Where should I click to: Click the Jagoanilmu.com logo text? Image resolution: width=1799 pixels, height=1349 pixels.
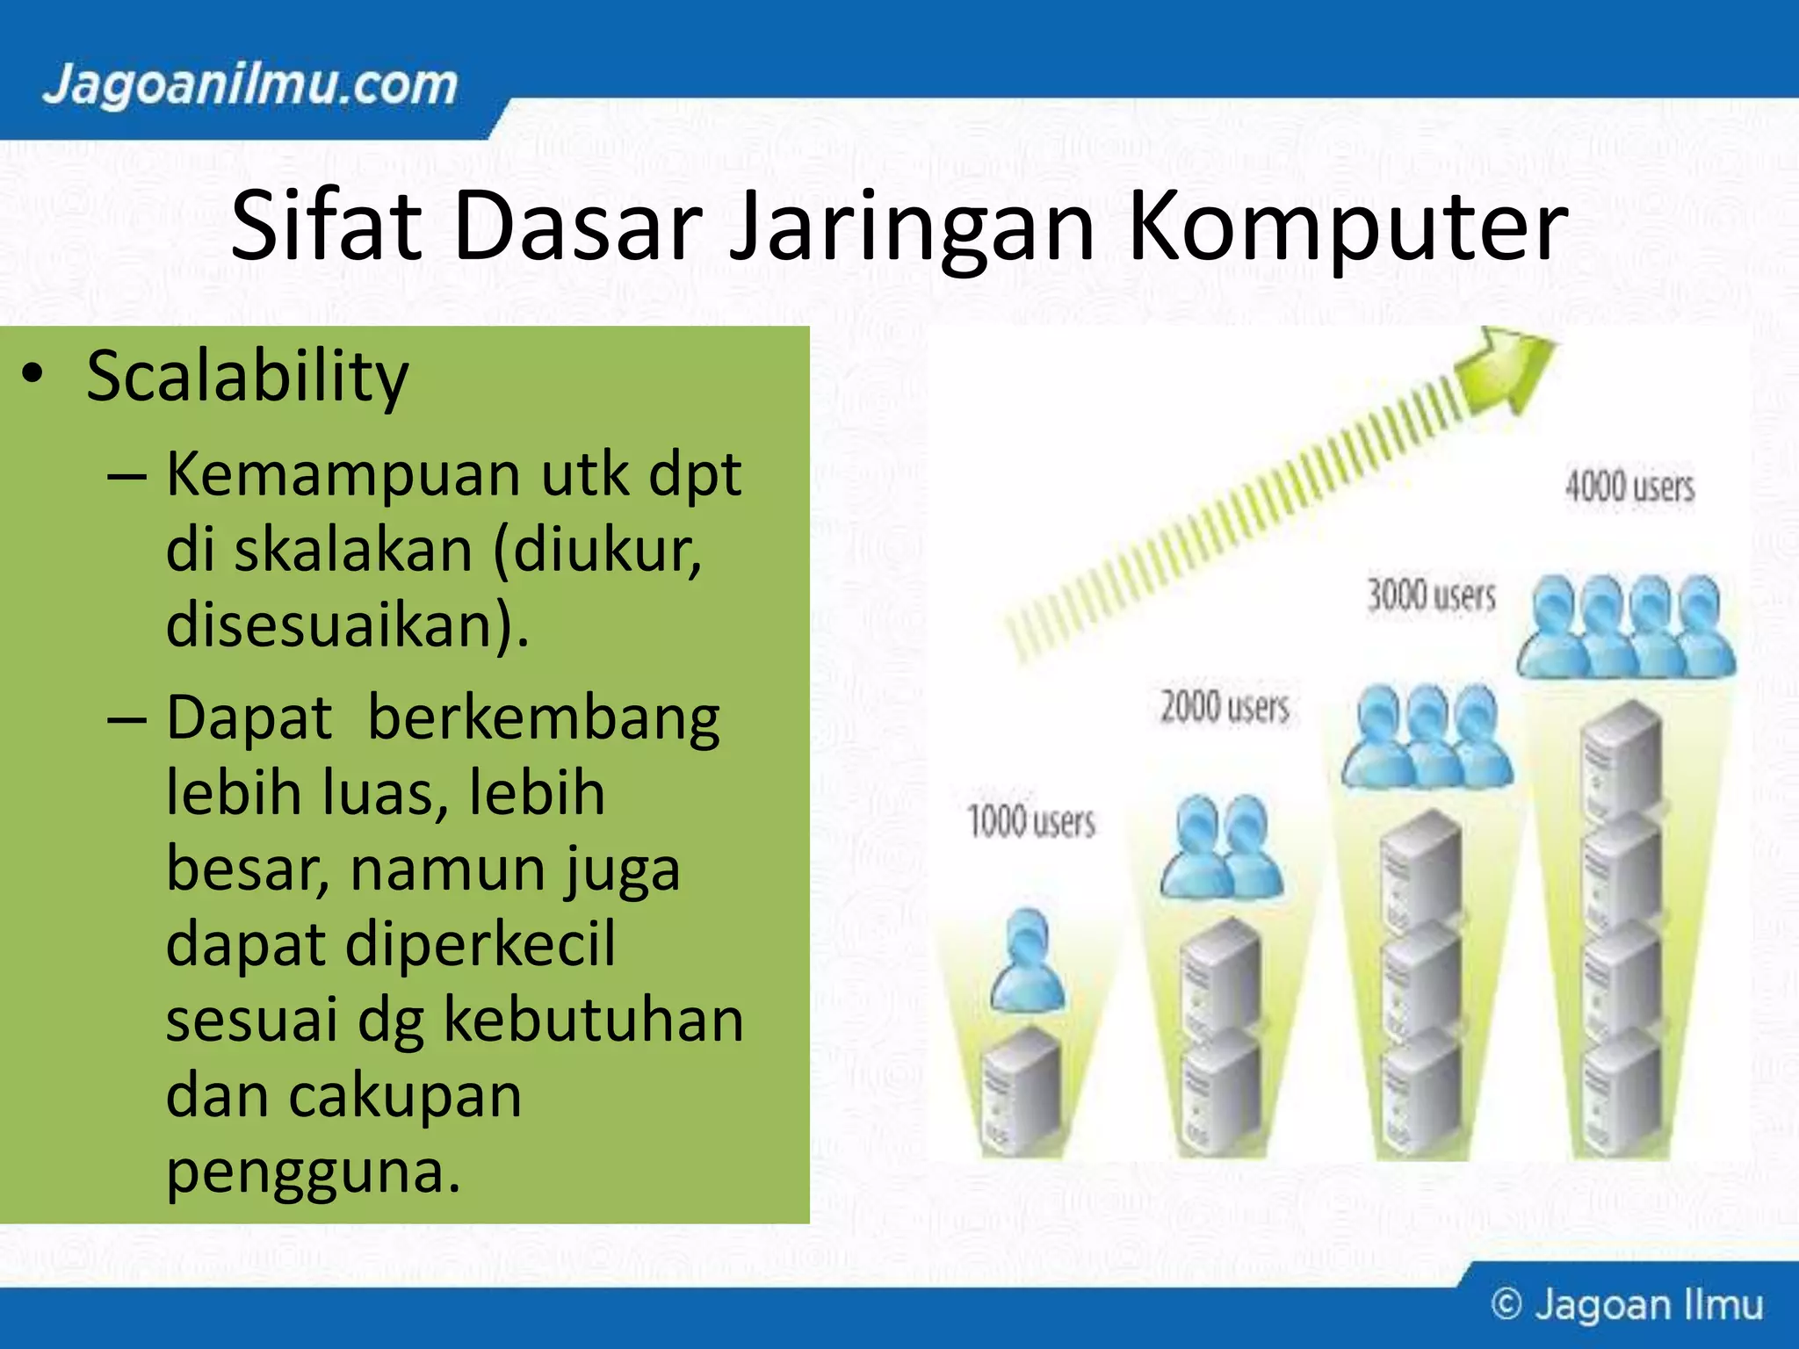click(250, 86)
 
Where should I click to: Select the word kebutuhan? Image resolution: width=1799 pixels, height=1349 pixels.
click(593, 1021)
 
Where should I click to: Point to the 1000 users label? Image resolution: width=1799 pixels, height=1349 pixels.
click(1031, 822)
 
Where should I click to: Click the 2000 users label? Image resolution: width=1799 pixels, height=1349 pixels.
click(1225, 707)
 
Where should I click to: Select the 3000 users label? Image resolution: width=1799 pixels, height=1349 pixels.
click(1431, 595)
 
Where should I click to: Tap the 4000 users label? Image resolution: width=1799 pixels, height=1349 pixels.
click(1629, 487)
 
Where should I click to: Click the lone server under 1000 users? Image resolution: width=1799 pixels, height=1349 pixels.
click(1021, 1089)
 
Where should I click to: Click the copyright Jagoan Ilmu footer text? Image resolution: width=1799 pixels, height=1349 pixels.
click(1627, 1305)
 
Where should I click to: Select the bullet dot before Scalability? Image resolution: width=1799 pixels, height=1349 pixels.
click(33, 376)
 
